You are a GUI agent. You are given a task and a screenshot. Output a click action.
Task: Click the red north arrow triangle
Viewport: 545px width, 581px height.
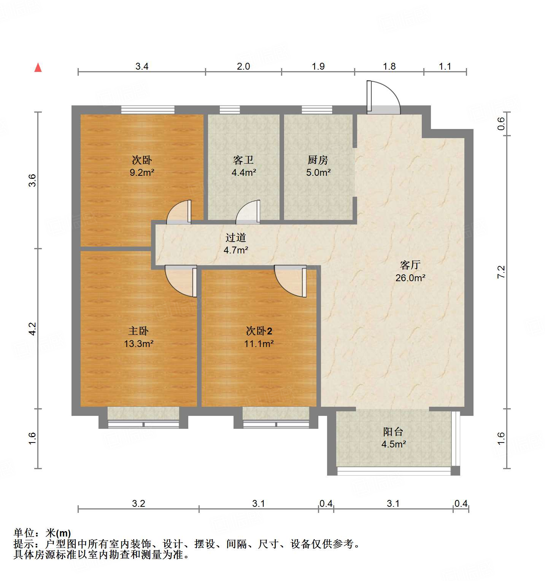pyautogui.click(x=38, y=68)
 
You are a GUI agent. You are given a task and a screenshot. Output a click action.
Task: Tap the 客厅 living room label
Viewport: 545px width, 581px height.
pyautogui.click(x=410, y=265)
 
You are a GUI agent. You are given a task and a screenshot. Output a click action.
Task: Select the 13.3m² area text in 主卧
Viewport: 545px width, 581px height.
pyautogui.click(x=139, y=344)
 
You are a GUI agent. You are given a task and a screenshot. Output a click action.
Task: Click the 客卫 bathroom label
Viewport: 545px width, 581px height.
pyautogui.click(x=243, y=160)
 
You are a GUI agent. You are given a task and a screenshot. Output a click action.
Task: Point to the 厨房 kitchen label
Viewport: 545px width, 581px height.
pyautogui.click(x=318, y=160)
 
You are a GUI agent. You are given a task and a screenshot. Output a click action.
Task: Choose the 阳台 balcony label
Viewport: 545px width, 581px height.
pyautogui.click(x=393, y=432)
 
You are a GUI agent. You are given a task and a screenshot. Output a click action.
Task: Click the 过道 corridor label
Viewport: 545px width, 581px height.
pyautogui.click(x=236, y=238)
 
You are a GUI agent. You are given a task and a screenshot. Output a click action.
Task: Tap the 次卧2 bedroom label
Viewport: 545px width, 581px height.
pyautogui.click(x=259, y=331)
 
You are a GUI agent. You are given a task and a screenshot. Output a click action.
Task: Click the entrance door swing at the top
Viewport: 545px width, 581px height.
pyautogui.click(x=383, y=97)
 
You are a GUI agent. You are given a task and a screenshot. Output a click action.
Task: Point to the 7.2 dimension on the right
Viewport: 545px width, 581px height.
pyautogui.click(x=501, y=272)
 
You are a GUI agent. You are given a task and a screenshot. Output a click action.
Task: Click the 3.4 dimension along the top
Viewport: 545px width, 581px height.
pyautogui.click(x=142, y=67)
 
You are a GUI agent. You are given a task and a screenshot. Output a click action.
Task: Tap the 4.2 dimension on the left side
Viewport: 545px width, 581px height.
pyautogui.click(x=33, y=329)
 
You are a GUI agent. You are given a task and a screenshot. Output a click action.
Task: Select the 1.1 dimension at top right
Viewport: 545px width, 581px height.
pyautogui.click(x=445, y=67)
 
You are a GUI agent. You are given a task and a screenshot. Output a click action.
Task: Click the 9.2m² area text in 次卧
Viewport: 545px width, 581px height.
pyautogui.click(x=142, y=173)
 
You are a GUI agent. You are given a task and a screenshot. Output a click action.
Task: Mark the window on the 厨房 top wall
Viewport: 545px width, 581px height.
pyautogui.click(x=317, y=110)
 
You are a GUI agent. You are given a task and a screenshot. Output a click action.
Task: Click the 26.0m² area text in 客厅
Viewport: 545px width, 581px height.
pyautogui.click(x=410, y=278)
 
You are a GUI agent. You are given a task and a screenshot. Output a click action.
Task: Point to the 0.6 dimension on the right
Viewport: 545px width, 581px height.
pyautogui.click(x=501, y=124)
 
